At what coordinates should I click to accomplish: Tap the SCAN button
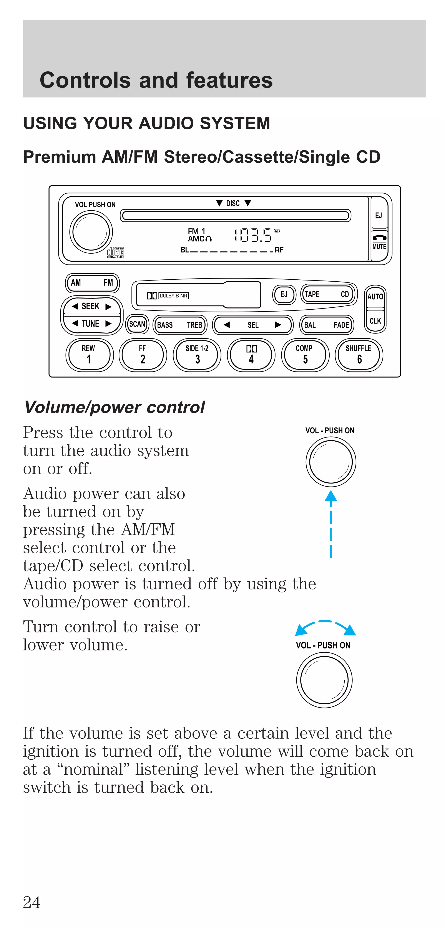tap(137, 324)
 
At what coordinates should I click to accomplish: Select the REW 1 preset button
tap(89, 355)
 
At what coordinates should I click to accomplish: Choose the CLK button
tap(375, 321)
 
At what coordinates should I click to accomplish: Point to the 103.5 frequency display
tap(253, 235)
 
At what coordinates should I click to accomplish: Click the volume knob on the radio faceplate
tap(91, 231)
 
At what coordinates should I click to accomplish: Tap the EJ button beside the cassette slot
tap(284, 294)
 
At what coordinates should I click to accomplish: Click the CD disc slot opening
tap(235, 216)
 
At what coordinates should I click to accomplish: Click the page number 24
tap(32, 902)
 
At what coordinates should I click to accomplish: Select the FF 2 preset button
tap(143, 355)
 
